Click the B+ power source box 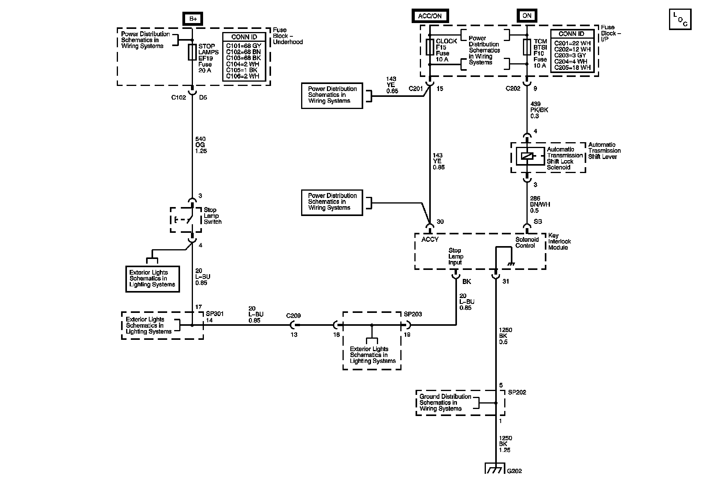click(193, 18)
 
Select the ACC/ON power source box click(430, 16)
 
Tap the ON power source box click(527, 16)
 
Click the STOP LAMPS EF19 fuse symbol click(192, 52)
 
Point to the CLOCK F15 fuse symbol click(430, 47)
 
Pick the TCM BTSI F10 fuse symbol click(527, 46)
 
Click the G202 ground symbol click(495, 468)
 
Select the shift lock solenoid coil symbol click(527, 156)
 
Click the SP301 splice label click(215, 314)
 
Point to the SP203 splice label click(413, 314)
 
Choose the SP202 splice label click(517, 392)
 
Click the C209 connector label click(293, 316)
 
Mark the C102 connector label click(178, 98)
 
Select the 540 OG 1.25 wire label click(201, 145)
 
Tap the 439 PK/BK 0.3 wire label click(539, 110)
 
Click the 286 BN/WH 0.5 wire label click(540, 204)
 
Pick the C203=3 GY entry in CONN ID click(571, 55)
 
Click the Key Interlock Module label click(559, 241)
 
